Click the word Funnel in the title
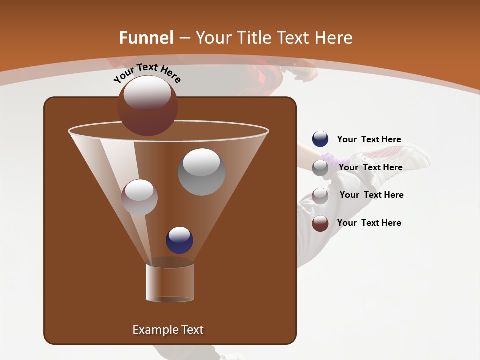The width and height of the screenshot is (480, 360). [146, 38]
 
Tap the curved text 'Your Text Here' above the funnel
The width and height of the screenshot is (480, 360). [147, 73]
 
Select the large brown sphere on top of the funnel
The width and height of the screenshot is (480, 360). [148, 105]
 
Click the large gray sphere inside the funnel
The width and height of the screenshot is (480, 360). [201, 172]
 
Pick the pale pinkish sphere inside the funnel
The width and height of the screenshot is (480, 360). [139, 197]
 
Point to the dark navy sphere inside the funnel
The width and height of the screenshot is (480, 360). [179, 240]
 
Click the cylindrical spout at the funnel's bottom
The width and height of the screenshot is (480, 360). [170, 283]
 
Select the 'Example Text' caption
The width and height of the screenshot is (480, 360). [168, 330]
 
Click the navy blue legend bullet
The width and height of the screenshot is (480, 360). [320, 139]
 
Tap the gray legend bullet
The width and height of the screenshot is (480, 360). [320, 168]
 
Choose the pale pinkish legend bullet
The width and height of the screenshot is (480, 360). [320, 195]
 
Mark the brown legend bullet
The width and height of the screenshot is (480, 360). [320, 223]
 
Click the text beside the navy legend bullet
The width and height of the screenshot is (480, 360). [369, 139]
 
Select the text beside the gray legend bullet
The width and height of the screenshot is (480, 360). [370, 167]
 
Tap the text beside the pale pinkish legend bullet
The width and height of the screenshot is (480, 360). [371, 195]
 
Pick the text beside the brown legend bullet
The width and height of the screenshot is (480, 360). [369, 223]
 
